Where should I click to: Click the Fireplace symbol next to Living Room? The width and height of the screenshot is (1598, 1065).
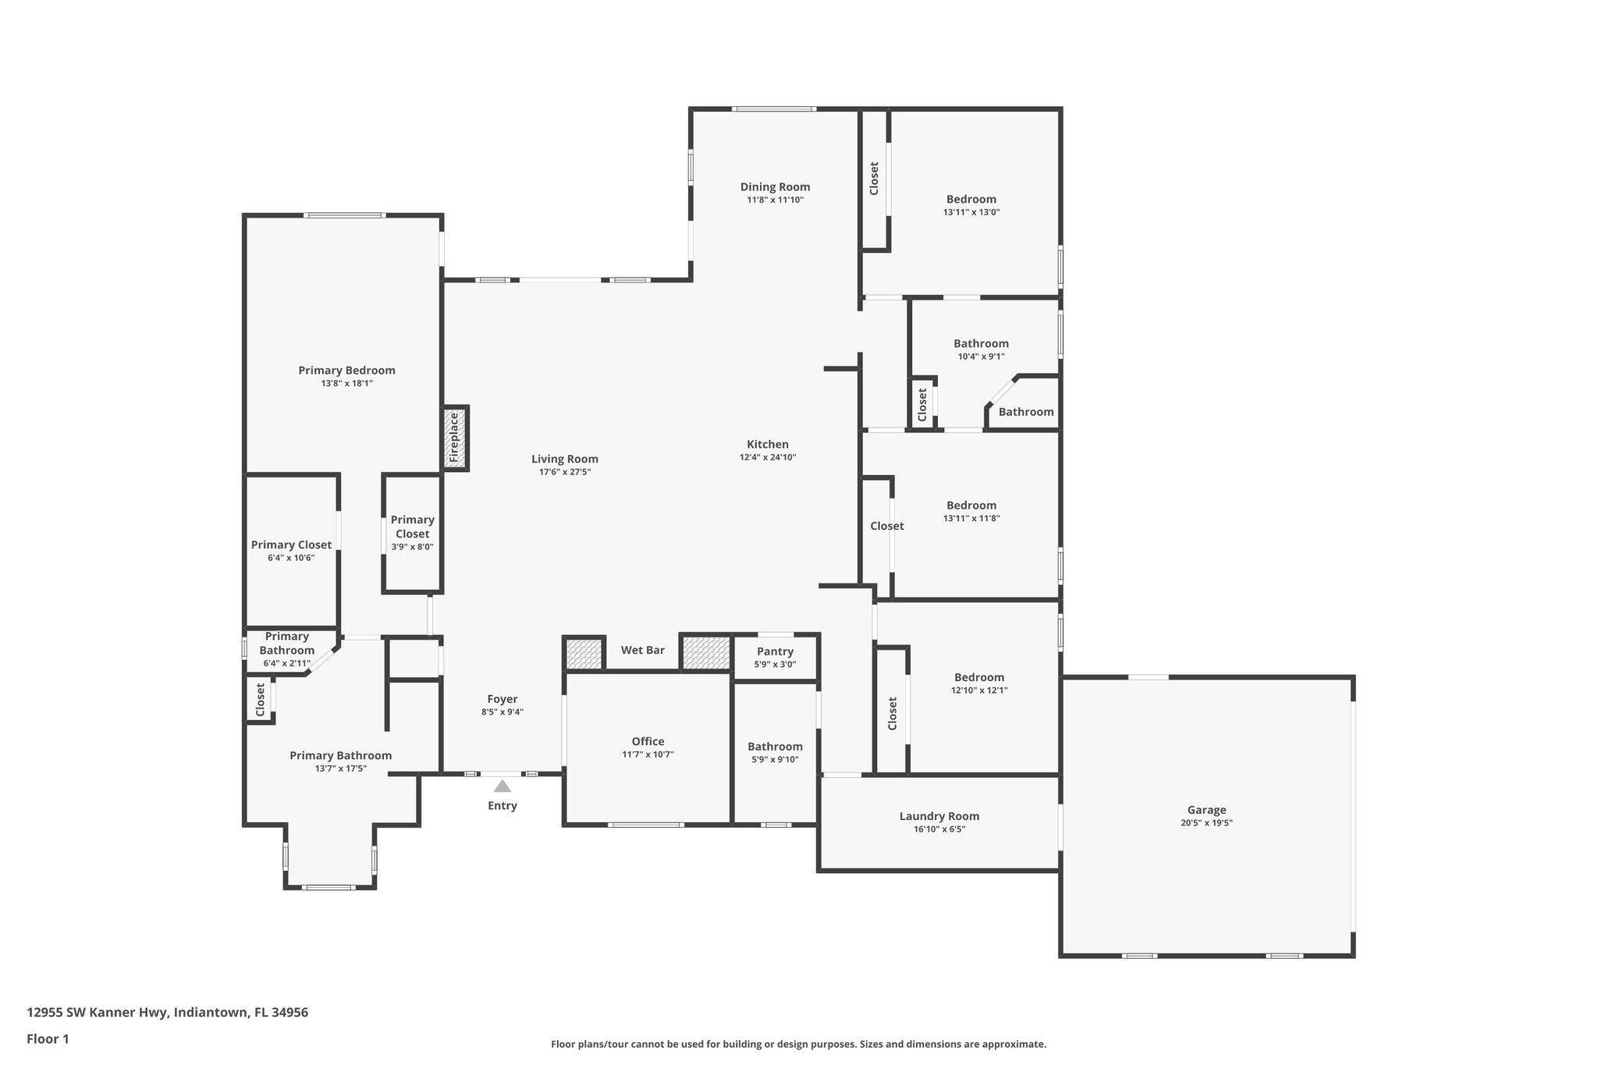[456, 438]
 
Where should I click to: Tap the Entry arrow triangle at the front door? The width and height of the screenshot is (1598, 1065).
[502, 786]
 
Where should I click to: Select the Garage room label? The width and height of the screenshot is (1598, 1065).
[1206, 810]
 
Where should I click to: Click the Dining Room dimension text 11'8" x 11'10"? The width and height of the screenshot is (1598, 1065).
[775, 200]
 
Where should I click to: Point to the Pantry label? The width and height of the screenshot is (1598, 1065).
[775, 651]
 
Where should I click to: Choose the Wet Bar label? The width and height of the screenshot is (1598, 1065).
[643, 650]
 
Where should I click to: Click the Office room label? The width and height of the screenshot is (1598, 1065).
[648, 741]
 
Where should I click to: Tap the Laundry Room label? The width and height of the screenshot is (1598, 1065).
[939, 816]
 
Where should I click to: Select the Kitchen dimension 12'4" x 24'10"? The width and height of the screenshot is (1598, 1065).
[768, 457]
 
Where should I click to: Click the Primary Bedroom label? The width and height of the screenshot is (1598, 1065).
[346, 371]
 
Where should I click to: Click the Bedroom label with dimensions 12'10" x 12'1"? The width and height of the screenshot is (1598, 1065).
[978, 677]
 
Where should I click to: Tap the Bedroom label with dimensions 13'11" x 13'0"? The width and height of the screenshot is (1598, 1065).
[971, 199]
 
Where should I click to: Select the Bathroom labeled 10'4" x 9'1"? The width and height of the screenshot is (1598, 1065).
[981, 343]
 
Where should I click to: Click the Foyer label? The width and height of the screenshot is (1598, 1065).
[502, 699]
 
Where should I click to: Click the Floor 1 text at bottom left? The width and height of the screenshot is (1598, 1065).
[48, 1038]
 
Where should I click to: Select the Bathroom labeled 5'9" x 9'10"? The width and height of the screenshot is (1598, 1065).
[775, 747]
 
